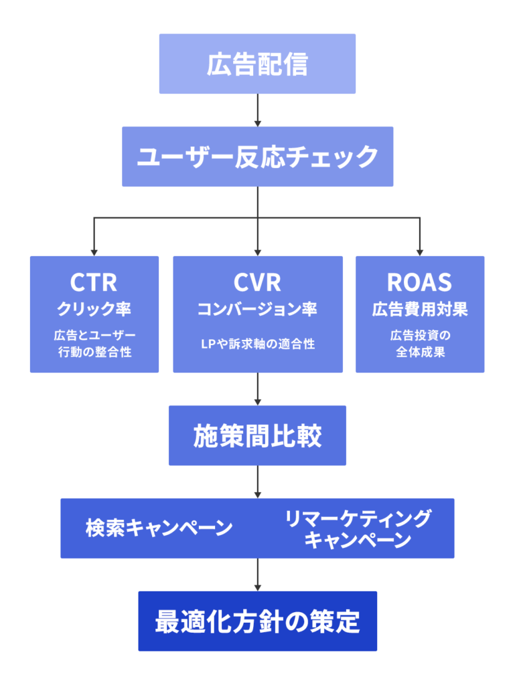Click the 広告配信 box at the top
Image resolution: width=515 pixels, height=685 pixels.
pos(257,64)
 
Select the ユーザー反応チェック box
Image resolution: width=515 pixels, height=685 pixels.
pos(257,157)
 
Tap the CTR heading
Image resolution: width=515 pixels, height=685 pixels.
pos(94,282)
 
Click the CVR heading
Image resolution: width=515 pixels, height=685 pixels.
pos(257,282)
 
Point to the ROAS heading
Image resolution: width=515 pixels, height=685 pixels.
pos(419,282)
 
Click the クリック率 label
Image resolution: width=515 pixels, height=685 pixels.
pos(94,310)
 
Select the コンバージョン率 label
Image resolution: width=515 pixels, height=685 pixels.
pos(257,310)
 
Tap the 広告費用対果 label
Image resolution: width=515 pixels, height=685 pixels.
pos(419,310)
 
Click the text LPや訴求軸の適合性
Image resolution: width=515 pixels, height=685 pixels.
pos(257,345)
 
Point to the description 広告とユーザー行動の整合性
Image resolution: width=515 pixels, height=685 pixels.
pos(94,343)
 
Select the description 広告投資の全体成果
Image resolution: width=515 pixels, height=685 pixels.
pos(419,343)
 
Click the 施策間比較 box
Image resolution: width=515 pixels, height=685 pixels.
pos(257,435)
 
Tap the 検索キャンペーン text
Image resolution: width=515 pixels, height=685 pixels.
pos(159,528)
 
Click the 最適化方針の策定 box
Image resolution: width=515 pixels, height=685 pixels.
pos(257,621)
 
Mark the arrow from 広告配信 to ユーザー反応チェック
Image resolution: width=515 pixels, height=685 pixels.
pos(257,110)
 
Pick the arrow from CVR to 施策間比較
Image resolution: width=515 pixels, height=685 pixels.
pos(257,389)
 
